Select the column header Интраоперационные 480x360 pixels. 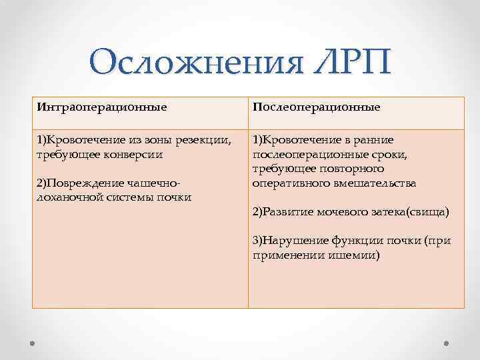click(102, 107)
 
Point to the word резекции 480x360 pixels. click(207, 140)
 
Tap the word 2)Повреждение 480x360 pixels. click(77, 183)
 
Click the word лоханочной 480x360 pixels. click(67, 197)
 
